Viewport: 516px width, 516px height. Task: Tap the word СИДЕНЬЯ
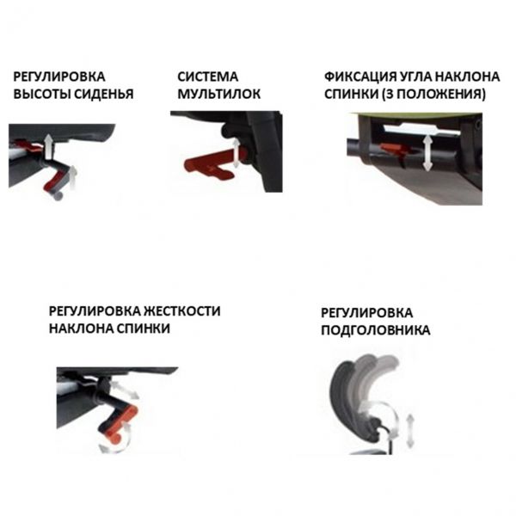(103, 94)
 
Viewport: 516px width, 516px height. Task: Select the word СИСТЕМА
(207, 77)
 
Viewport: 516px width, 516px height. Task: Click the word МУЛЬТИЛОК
(218, 94)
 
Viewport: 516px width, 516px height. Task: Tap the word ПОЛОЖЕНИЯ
(438, 94)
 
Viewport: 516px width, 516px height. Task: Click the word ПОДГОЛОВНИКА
(376, 329)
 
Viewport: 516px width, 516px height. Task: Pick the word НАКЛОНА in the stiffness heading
(81, 329)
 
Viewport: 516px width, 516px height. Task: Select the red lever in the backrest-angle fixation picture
(395, 149)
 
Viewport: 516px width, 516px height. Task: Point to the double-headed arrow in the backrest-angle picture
(427, 153)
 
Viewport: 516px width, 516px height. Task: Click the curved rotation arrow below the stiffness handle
(117, 440)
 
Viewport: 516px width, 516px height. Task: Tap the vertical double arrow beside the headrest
(410, 430)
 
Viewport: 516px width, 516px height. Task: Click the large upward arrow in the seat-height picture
(49, 146)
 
